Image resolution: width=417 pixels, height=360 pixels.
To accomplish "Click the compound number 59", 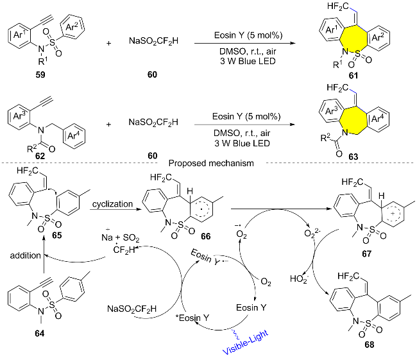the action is point(40,74).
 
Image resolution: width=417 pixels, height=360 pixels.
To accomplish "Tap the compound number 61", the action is point(353,76).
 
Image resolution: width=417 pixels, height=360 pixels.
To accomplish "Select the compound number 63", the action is point(353,157).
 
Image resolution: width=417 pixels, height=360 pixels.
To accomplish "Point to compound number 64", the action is point(40,333).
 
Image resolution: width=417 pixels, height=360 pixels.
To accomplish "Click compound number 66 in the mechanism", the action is point(205,236).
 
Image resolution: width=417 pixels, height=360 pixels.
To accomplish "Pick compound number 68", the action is point(370,345).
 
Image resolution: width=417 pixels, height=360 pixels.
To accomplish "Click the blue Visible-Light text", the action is point(245,342).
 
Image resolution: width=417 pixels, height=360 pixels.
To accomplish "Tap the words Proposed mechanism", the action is point(211,163).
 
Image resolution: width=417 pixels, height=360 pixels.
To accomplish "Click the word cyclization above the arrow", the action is point(112,204).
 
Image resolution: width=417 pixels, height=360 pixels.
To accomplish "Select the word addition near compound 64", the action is point(26,255).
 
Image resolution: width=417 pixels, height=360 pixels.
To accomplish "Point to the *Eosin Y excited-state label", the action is point(192,318).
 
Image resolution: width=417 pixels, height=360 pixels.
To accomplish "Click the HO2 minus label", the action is point(299,279).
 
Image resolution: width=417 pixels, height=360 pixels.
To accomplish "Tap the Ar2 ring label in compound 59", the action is point(72,27).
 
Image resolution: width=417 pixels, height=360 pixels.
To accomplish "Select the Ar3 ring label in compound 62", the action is point(19,116).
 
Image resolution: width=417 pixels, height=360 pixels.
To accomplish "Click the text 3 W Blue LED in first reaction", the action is point(248,61).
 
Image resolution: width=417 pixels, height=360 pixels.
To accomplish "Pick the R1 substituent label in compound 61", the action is point(337,64).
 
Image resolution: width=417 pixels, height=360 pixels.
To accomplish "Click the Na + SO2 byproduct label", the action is point(121,237).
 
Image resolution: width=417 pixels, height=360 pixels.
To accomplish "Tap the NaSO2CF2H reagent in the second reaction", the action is point(153,123).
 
